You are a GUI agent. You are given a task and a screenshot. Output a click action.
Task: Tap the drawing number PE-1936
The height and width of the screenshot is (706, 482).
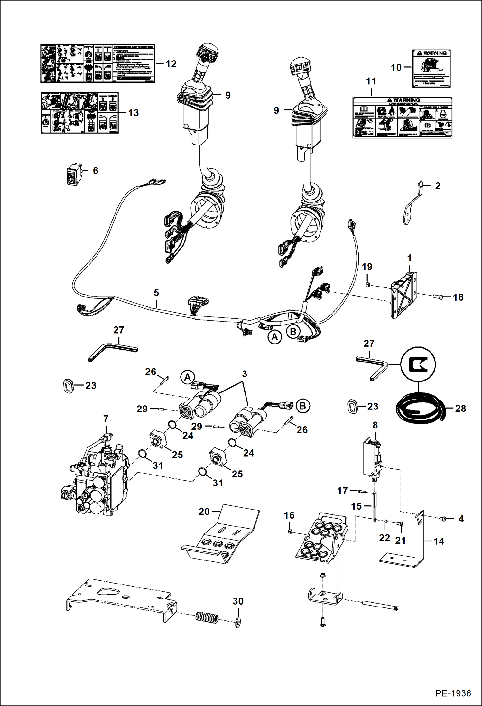(x=453, y=693)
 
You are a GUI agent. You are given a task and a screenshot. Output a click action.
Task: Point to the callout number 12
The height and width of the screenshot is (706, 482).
(x=171, y=64)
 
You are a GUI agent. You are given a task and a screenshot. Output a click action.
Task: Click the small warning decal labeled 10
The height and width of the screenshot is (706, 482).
(x=431, y=68)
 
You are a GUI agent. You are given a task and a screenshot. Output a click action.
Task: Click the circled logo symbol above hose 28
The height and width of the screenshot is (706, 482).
(x=418, y=364)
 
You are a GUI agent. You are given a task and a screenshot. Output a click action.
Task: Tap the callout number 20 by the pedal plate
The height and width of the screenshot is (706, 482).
(x=204, y=512)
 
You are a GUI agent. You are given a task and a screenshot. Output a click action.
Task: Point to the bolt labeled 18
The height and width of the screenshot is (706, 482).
(x=438, y=296)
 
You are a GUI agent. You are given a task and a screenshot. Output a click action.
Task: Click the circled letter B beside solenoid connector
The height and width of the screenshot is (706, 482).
(x=302, y=406)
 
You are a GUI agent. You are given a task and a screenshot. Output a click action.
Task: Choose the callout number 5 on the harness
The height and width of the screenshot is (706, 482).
(x=156, y=293)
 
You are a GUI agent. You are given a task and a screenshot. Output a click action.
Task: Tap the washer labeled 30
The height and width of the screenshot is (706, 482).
(x=237, y=622)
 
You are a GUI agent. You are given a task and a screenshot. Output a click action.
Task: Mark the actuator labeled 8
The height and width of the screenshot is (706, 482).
(x=372, y=458)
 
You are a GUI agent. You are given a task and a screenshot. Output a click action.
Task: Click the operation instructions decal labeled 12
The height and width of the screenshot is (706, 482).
(x=97, y=64)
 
